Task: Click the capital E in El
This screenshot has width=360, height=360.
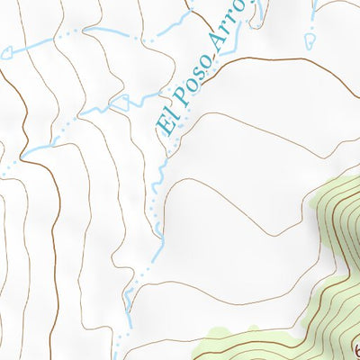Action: pyautogui.click(x=168, y=126)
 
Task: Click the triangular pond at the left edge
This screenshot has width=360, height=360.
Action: pyautogui.click(x=6, y=52)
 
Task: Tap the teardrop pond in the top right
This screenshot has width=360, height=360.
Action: pyautogui.click(x=310, y=40)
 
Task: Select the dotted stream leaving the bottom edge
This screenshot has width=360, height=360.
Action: pyautogui.click(x=118, y=346)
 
